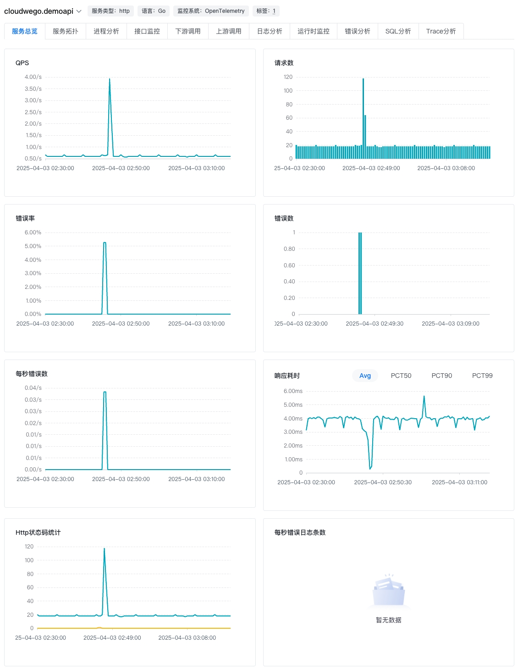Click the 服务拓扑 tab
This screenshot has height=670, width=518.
[65, 31]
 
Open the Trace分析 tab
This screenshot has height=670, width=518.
[441, 31]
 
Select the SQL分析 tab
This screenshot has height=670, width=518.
[398, 31]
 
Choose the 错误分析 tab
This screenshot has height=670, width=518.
[357, 31]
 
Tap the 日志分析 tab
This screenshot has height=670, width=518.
[270, 31]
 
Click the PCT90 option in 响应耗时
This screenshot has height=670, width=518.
[441, 376]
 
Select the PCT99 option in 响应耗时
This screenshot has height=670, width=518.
[482, 376]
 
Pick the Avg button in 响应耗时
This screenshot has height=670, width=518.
[365, 376]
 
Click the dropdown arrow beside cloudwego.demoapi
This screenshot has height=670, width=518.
[79, 11]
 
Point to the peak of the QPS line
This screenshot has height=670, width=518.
[110, 79]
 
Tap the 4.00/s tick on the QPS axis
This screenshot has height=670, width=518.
[33, 77]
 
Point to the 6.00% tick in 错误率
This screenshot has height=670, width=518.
[33, 233]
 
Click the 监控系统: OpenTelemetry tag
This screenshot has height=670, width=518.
[211, 11]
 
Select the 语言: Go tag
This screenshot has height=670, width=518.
[154, 11]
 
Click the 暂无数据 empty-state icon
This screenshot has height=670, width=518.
[389, 592]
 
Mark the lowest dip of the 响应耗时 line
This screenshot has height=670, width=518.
[370, 469]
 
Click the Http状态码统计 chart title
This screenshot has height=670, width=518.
[38, 532]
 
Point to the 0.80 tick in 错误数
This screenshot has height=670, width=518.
[289, 249]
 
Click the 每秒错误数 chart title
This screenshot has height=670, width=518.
[32, 374]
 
